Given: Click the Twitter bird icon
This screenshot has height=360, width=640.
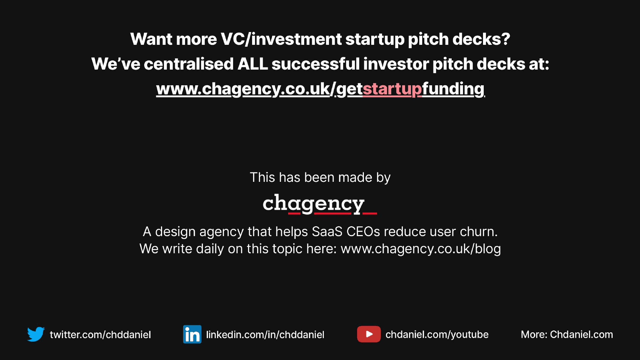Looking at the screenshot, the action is pyautogui.click(x=36, y=334).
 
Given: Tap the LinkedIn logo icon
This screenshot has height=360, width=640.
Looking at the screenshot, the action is pyautogui.click(x=192, y=334).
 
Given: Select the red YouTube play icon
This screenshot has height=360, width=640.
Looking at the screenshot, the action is pyautogui.click(x=369, y=334).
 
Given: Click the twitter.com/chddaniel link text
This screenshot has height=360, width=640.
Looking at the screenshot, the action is pyautogui.click(x=100, y=334).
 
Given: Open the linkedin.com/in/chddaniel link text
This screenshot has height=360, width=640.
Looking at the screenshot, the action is pyautogui.click(x=265, y=334).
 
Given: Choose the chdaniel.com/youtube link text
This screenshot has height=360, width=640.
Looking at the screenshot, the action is pyautogui.click(x=437, y=334).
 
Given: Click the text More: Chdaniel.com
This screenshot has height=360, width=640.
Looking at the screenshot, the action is pyautogui.click(x=567, y=334).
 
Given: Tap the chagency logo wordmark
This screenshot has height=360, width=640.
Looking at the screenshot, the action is pyautogui.click(x=320, y=204).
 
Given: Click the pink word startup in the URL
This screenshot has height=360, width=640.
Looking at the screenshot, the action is pyautogui.click(x=392, y=89).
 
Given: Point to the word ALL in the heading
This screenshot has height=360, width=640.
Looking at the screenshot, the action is pyautogui.click(x=253, y=64).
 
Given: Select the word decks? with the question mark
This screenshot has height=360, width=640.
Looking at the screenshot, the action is pyautogui.click(x=481, y=39).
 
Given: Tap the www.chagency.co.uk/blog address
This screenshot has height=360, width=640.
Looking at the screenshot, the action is pyautogui.click(x=421, y=249).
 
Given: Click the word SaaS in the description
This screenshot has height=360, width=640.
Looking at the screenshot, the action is pyautogui.click(x=327, y=232).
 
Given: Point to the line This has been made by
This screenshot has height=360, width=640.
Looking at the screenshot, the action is pyautogui.click(x=320, y=177).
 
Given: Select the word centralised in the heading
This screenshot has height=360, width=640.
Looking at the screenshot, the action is pyautogui.click(x=189, y=64).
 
